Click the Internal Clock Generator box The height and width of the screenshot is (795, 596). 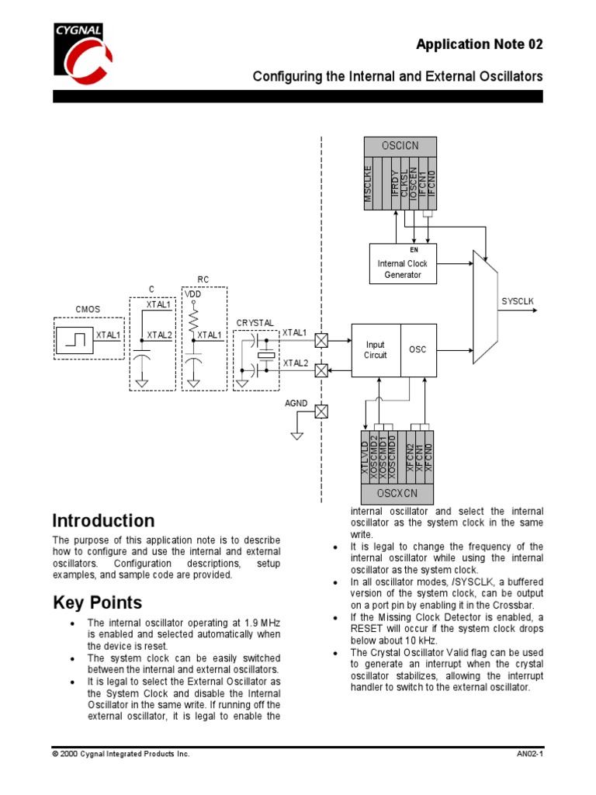coord(403,265)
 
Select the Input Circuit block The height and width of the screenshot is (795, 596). coord(376,350)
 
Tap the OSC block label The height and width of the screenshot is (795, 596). coord(418,350)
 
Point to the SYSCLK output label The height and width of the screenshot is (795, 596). coord(518,300)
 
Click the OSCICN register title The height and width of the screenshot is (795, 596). coord(400,146)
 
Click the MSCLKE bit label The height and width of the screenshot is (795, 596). coord(369,185)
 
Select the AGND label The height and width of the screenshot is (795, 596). coord(296,404)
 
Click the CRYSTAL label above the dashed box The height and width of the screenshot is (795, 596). coord(255,322)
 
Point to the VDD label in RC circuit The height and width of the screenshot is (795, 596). coord(192,294)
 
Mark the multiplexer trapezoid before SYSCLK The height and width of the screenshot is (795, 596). coord(486,306)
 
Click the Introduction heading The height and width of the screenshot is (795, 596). coord(103,521)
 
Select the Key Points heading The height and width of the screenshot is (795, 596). coord(97,602)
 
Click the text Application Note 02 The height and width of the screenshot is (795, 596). coord(479,44)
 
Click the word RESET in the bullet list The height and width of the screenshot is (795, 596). coord(369,629)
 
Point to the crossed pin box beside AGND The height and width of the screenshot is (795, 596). coord(321,411)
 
